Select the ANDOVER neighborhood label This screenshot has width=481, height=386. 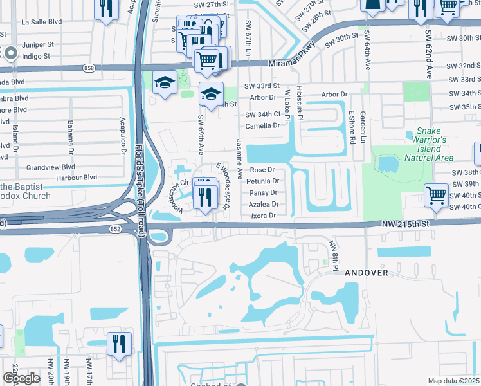367,273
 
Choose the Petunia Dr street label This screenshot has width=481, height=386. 262,181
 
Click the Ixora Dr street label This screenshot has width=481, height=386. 264,216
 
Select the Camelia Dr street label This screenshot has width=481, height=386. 262,125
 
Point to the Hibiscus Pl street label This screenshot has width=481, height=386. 300,104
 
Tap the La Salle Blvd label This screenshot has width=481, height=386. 41,21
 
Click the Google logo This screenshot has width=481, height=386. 21,378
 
